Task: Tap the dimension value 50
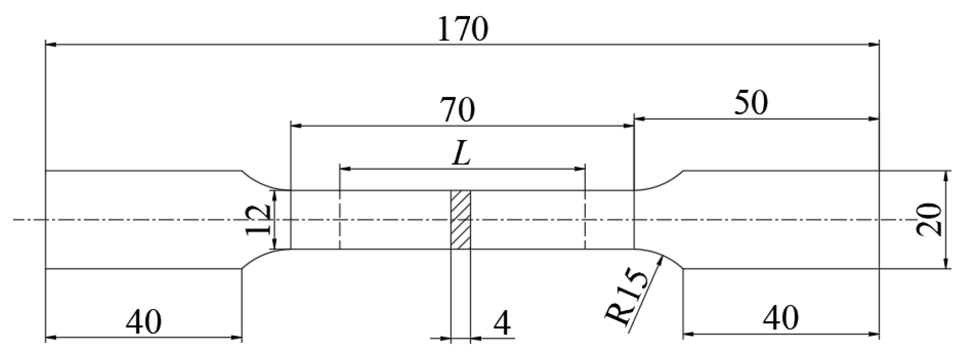click(x=750, y=104)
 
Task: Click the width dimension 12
click(x=259, y=219)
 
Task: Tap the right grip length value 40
click(x=780, y=319)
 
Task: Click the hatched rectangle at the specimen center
click(x=461, y=219)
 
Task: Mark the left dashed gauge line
click(x=340, y=219)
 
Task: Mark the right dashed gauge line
click(x=584, y=219)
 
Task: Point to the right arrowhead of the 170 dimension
click(x=874, y=44)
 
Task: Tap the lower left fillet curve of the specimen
click(x=259, y=256)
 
